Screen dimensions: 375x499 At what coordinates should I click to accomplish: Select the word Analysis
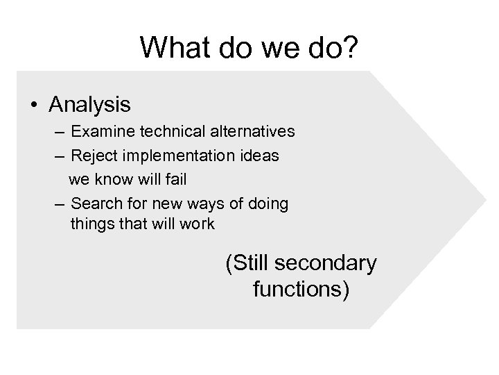[x=89, y=105]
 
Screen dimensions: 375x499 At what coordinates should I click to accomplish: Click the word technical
[x=164, y=131]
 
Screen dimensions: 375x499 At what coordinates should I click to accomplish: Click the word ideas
[x=261, y=156]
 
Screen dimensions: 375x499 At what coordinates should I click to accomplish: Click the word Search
[x=94, y=204]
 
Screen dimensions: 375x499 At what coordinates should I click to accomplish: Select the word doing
[x=270, y=204]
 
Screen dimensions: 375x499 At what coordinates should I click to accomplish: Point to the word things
[x=90, y=224]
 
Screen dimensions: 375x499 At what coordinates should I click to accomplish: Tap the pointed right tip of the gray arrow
[x=485, y=199]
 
